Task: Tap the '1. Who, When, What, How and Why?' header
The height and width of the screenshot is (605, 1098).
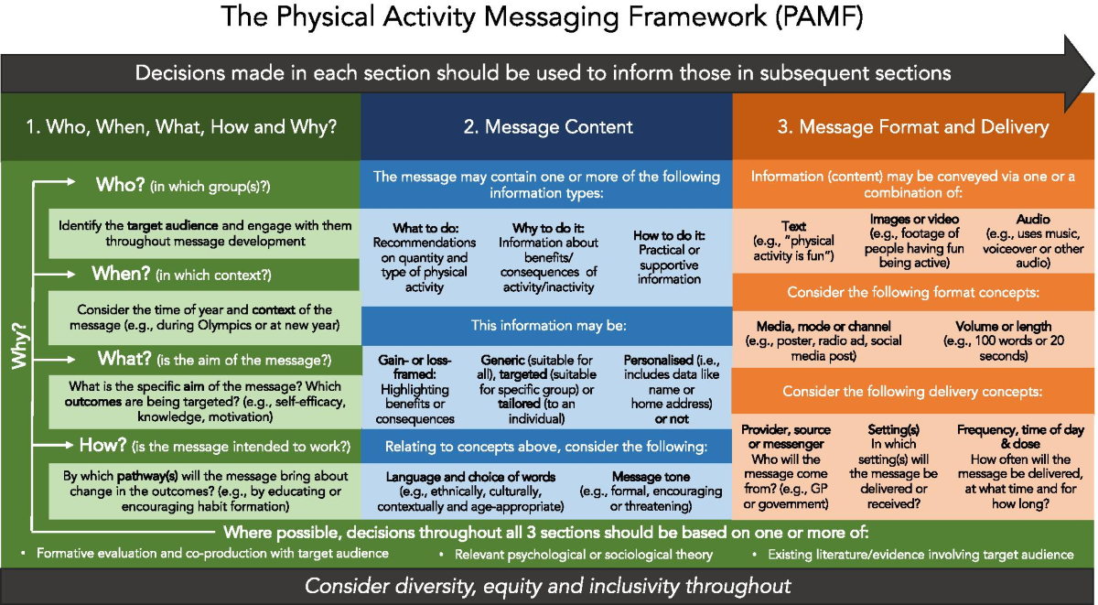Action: [x=180, y=127]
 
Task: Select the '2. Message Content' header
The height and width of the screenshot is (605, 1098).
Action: [x=547, y=127]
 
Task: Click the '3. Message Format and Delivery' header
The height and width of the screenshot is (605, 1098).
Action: [x=913, y=127]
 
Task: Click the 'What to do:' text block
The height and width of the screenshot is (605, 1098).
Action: [x=424, y=255]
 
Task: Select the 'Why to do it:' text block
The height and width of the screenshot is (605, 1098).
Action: [x=547, y=255]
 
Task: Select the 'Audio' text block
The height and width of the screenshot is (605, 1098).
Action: [x=1033, y=242]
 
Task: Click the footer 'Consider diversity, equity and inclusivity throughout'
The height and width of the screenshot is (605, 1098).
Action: [x=548, y=586]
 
